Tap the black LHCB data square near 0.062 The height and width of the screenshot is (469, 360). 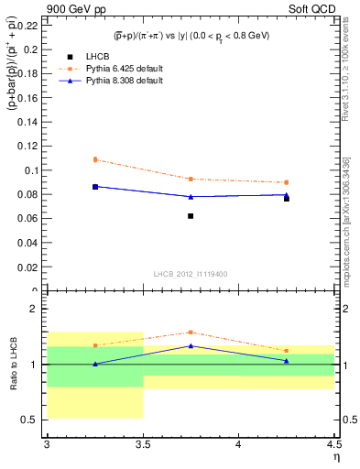[x=191, y=216]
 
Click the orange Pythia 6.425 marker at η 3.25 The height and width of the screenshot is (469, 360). [x=94, y=159]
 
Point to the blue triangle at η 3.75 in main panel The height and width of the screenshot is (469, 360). [x=191, y=196]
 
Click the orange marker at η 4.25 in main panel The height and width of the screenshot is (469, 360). [x=287, y=182]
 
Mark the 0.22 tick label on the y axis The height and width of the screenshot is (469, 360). [x=28, y=25]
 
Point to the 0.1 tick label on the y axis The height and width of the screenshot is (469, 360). [x=32, y=170]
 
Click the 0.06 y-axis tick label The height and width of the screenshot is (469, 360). [x=28, y=219]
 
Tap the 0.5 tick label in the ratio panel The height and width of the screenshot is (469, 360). [x=32, y=420]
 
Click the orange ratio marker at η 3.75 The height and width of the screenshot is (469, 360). [x=191, y=333]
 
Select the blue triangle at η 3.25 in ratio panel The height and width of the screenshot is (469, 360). [x=94, y=364]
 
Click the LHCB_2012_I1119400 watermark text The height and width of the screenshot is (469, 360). [x=191, y=274]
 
